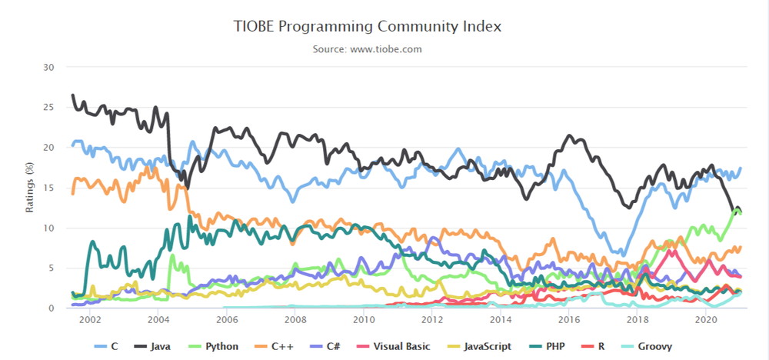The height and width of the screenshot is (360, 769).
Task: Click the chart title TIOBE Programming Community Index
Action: click(x=368, y=27)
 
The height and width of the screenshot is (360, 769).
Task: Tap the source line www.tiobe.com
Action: click(x=368, y=49)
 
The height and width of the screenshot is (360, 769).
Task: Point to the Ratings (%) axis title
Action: click(x=30, y=188)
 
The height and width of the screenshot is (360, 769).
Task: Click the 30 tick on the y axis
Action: click(x=48, y=67)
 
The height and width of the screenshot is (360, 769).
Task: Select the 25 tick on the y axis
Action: click(x=48, y=107)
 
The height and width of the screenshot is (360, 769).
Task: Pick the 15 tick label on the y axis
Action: click(x=48, y=188)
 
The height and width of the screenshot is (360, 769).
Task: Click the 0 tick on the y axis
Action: click(x=51, y=308)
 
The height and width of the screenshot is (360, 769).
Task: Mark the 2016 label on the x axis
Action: click(x=568, y=320)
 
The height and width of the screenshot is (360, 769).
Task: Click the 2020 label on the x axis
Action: click(x=705, y=320)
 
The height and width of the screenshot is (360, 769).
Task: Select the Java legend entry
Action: click(x=152, y=346)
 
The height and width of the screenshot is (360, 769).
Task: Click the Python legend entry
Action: click(x=214, y=346)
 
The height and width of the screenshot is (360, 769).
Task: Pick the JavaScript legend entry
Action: click(x=479, y=346)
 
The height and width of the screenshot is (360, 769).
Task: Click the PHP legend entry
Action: click(x=546, y=346)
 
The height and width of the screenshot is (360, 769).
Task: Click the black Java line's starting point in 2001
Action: click(x=72, y=95)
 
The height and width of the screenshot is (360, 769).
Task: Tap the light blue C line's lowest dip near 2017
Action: click(x=624, y=255)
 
